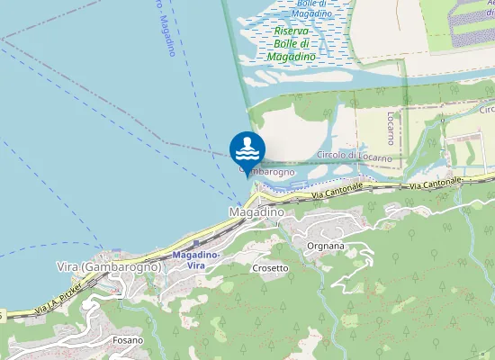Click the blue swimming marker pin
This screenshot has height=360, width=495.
point(247,148)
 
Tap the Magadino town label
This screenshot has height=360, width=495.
point(256,211)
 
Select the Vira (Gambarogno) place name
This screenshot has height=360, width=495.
point(109,267)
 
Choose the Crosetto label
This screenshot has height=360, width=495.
point(270,268)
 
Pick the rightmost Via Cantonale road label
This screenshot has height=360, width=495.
point(435,182)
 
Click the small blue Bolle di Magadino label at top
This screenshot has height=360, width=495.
point(313,9)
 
